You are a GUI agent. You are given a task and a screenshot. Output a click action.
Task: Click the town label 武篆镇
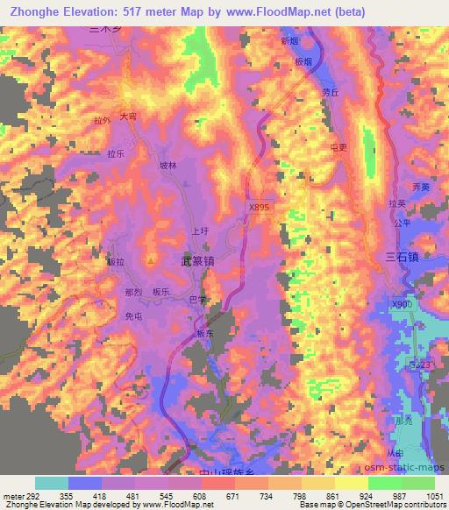coord(198,261)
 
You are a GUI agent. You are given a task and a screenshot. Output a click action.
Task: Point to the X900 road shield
coord(401,303)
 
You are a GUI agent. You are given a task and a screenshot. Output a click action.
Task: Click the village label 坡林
coord(167,165)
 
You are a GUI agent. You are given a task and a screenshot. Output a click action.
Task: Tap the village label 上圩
coord(199,232)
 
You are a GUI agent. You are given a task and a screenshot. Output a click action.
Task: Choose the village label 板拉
coord(116,261)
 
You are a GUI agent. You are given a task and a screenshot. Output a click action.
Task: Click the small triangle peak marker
coord(151,260)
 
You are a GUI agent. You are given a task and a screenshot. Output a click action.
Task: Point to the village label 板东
coord(204,334)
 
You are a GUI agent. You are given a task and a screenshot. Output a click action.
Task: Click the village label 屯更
coord(338,146)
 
